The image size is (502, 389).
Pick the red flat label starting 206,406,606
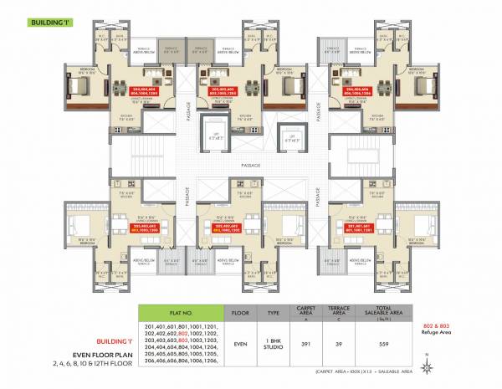click(351, 90)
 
